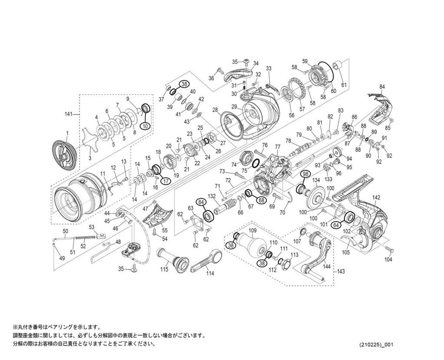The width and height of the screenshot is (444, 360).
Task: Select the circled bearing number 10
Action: click(x=145, y=126)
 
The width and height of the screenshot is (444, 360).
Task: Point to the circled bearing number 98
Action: click(x=305, y=174)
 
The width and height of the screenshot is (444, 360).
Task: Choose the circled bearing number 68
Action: click(x=261, y=200)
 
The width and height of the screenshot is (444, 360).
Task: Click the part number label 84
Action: click(x=382, y=87)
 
